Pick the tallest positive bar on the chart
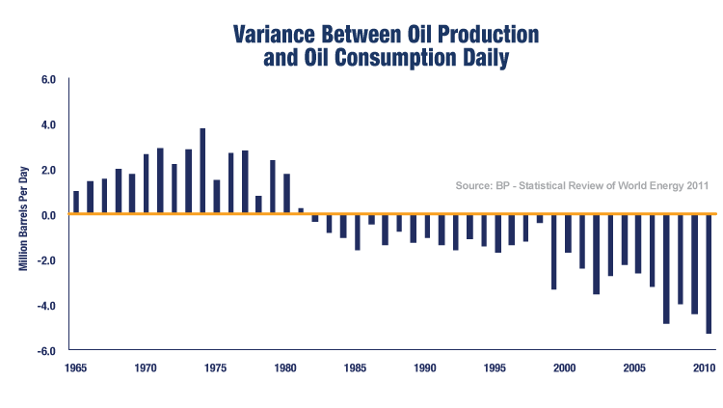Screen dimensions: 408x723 pyautogui.click(x=202, y=171)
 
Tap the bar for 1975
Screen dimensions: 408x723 pyautogui.click(x=217, y=197)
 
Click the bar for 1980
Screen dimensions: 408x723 pyautogui.click(x=286, y=194)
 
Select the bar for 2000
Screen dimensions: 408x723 pyautogui.click(x=568, y=233)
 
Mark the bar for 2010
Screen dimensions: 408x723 pyautogui.click(x=709, y=274)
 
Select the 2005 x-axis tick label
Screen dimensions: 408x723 pyautogui.click(x=634, y=368)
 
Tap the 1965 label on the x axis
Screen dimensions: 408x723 pyautogui.click(x=75, y=368)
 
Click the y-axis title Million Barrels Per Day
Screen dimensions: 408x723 pyautogui.click(x=22, y=213)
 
